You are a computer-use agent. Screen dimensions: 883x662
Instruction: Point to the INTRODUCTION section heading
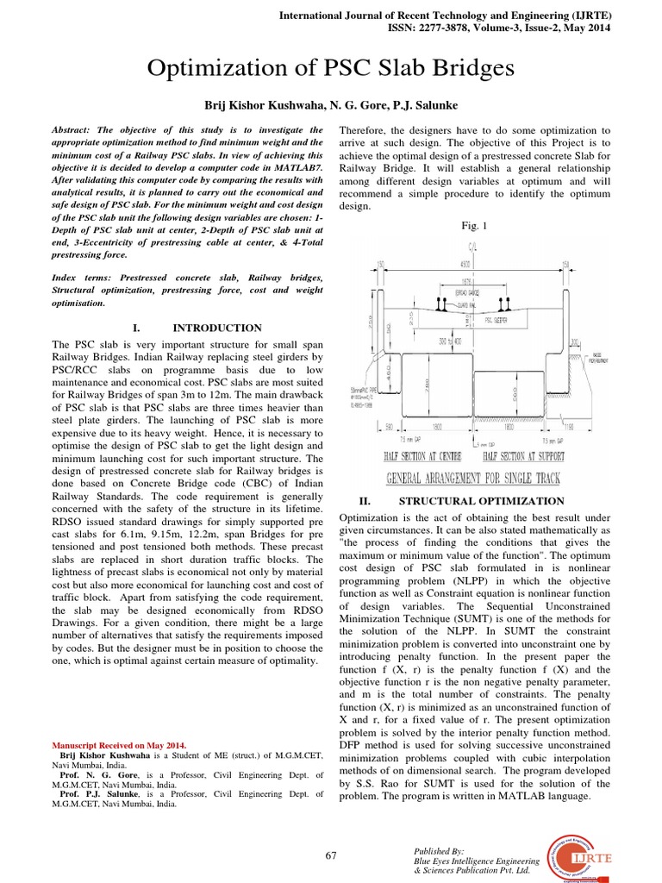[x=217, y=328]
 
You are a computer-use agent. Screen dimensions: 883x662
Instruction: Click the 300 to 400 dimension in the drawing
[x=448, y=342]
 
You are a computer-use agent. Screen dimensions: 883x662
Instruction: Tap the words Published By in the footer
[x=439, y=850]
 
